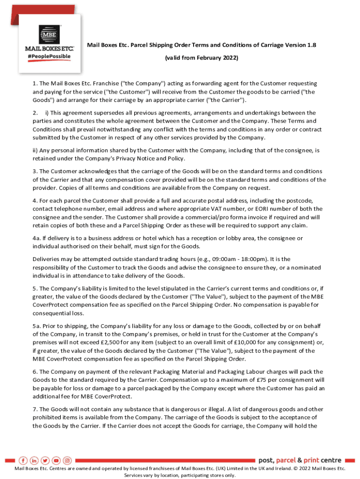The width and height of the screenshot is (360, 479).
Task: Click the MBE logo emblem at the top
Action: click(49, 34)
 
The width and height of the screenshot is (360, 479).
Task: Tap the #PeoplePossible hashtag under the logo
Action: click(49, 57)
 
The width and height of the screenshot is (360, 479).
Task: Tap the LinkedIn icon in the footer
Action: click(34, 460)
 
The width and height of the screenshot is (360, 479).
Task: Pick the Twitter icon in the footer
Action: click(45, 460)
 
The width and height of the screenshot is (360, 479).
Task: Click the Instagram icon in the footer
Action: click(67, 460)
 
